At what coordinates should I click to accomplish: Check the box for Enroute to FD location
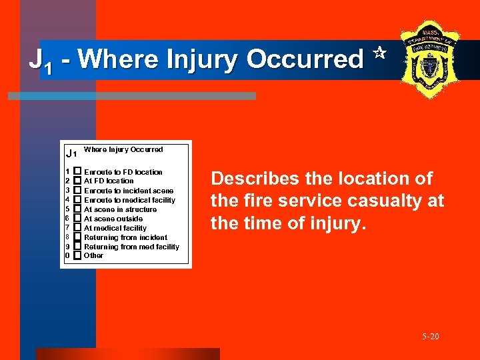click(77, 172)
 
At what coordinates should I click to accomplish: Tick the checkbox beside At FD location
click(77, 181)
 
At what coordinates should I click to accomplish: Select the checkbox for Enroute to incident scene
click(77, 191)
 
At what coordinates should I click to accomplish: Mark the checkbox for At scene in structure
click(77, 209)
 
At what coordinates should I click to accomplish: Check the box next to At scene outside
click(77, 219)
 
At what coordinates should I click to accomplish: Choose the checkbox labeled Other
click(77, 255)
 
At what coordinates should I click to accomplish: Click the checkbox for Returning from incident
click(77, 237)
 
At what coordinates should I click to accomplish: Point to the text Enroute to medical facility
click(129, 200)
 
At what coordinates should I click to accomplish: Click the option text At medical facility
click(115, 228)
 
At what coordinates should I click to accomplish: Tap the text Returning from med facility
click(131, 247)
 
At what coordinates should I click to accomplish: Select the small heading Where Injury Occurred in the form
click(123, 149)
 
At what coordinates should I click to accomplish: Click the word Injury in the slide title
click(203, 60)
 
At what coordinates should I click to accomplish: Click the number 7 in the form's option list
click(67, 228)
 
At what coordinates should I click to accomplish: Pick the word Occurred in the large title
click(305, 60)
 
